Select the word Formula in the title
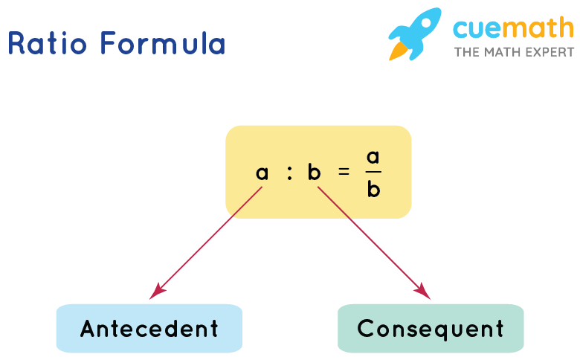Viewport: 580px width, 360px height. [x=163, y=44]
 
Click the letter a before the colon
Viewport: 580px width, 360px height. [x=262, y=173]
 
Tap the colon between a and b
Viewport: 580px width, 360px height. [x=289, y=173]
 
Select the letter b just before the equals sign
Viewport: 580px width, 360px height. [x=314, y=173]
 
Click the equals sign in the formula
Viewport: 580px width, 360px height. [x=343, y=172]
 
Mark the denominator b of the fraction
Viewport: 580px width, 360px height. [x=373, y=190]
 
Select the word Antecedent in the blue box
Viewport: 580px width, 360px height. [x=149, y=329]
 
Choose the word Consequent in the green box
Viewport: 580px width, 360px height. [x=431, y=328]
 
